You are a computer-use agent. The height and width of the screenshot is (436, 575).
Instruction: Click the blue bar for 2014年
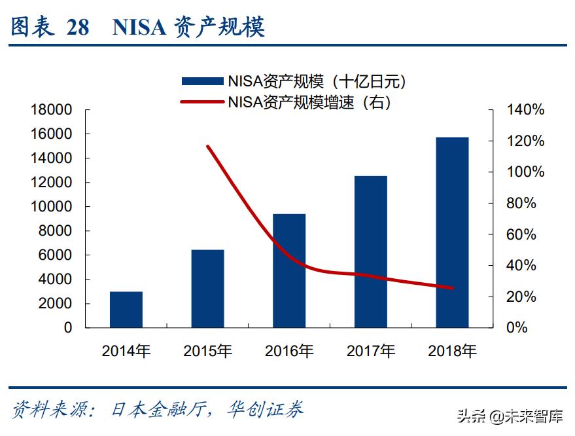coord(126,310)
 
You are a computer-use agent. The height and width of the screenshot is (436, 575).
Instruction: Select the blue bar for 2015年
coord(207,289)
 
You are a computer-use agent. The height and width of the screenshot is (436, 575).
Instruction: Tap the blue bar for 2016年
coord(289,270)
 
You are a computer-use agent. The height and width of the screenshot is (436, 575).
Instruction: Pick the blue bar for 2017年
coord(371,251)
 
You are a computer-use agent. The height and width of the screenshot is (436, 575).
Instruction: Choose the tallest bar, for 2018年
coord(452,232)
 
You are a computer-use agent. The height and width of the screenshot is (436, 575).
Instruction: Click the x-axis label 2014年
coord(126,351)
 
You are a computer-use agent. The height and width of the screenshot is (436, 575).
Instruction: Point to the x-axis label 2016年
coord(289,351)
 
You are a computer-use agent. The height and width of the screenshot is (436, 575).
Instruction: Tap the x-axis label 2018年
coord(452,351)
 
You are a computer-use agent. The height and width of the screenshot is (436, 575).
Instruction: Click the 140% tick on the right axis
coord(525,110)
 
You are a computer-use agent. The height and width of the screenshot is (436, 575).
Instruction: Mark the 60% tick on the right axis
coord(521,234)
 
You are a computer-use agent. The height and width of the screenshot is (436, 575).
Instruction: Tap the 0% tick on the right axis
coord(517,327)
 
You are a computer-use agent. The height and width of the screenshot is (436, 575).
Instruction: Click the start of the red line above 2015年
coord(207,146)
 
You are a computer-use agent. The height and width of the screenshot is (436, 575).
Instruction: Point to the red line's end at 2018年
coord(452,287)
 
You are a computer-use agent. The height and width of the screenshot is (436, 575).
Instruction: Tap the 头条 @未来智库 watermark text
coord(510,416)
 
